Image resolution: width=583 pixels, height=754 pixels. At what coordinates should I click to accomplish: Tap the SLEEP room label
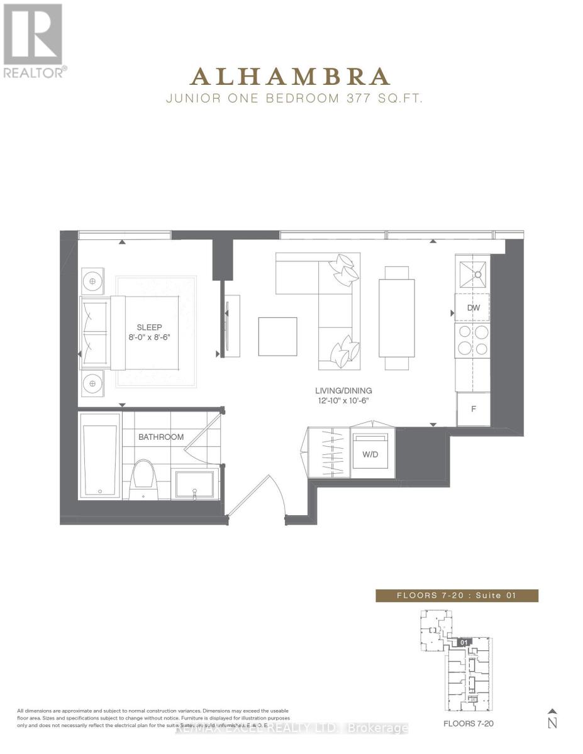point(150,327)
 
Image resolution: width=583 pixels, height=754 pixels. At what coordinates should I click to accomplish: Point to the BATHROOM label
point(161,437)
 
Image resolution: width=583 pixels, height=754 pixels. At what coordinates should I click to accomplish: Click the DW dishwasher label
point(474,309)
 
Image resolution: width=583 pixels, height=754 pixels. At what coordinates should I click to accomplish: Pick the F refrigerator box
point(473,408)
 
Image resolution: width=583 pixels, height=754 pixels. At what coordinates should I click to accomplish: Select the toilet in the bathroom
point(143,478)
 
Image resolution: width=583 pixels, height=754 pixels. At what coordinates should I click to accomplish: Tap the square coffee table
point(277,337)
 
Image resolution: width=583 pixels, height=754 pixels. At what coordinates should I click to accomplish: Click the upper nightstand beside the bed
point(92,281)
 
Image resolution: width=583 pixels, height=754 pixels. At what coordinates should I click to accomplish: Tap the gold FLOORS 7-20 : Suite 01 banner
point(457,596)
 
